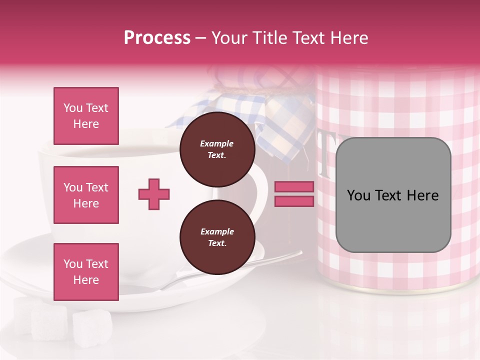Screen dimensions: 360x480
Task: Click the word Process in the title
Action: pos(157,38)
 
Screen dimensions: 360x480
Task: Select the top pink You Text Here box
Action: pos(86,116)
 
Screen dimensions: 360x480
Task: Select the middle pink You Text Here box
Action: pos(86,195)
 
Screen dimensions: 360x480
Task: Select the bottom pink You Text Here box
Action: pos(86,271)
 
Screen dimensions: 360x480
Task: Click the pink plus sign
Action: pos(154,194)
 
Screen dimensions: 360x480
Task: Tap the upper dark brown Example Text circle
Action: pos(217,149)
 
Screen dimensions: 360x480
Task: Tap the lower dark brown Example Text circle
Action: pos(217,237)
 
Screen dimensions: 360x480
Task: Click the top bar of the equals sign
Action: pos(294,186)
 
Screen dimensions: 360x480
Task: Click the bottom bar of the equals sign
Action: pos(294,201)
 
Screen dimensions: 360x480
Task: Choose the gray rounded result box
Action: pos(393,195)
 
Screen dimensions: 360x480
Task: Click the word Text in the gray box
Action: pos(393,195)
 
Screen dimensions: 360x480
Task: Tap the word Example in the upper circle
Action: pos(216,143)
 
